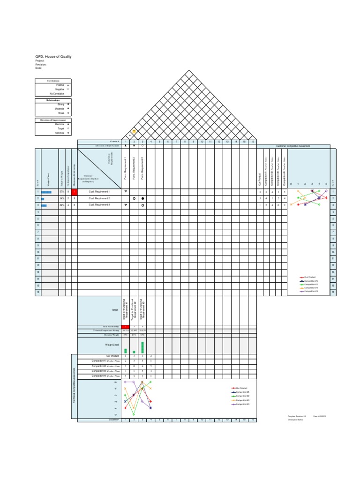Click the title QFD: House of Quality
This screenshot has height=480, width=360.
53,57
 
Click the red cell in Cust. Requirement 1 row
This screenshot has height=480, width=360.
74,192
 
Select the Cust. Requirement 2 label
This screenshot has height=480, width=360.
99,199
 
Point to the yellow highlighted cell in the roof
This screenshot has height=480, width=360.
134,131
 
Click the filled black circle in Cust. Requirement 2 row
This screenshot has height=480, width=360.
142,199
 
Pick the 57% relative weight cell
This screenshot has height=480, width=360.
62,192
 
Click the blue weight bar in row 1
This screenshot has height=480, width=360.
46,192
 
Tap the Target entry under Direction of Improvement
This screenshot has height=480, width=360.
61,128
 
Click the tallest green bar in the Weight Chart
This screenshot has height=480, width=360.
142,347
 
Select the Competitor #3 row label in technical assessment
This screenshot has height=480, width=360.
99,371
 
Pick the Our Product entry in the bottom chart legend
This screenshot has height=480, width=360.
241,388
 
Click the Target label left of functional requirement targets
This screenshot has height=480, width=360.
114,310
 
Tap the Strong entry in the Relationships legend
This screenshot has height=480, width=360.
61,104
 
